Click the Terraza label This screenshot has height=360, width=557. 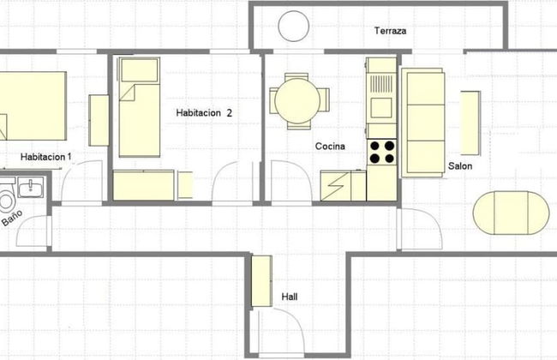389,32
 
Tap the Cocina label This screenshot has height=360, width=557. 330,147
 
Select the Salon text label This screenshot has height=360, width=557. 460,166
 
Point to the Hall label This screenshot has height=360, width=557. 290,297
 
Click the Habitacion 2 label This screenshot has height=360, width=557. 204,112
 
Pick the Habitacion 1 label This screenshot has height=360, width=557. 46,157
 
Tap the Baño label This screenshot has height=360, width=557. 10,219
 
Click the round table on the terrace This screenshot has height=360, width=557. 294,27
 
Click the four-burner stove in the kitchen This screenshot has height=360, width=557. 382,153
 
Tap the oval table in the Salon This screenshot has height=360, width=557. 511,212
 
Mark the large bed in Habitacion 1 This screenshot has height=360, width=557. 33,105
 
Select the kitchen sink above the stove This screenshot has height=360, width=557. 380,105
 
